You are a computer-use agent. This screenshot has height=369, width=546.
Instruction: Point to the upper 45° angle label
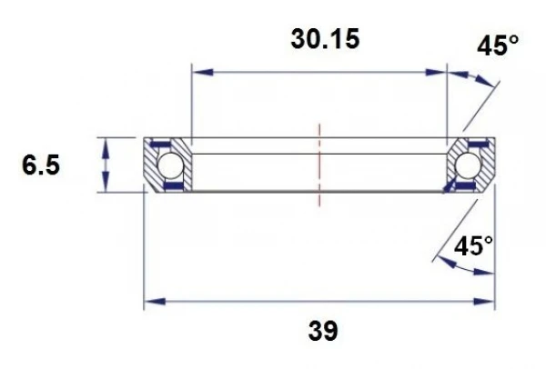(499, 46)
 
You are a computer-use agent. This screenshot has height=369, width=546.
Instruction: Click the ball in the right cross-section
(469, 165)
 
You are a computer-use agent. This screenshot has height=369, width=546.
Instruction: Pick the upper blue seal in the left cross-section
(161, 145)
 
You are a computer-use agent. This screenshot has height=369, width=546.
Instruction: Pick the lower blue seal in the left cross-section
(170, 187)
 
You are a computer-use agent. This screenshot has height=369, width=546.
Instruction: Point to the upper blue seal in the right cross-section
(475, 145)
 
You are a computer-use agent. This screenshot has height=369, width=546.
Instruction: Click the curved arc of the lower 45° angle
(455, 264)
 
